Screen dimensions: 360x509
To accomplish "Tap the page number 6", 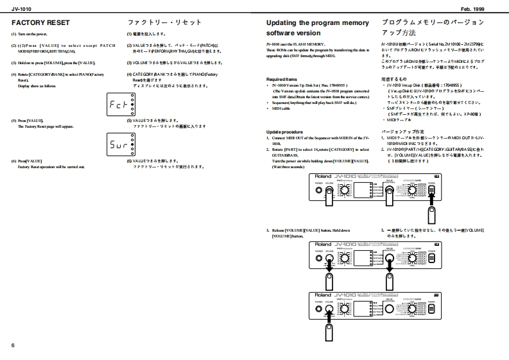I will [x=13, y=346].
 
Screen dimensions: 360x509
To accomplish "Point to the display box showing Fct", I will [x=120, y=102].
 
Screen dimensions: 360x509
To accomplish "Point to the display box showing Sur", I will [x=120, y=144].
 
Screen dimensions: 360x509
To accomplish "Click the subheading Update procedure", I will [x=284, y=131].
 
